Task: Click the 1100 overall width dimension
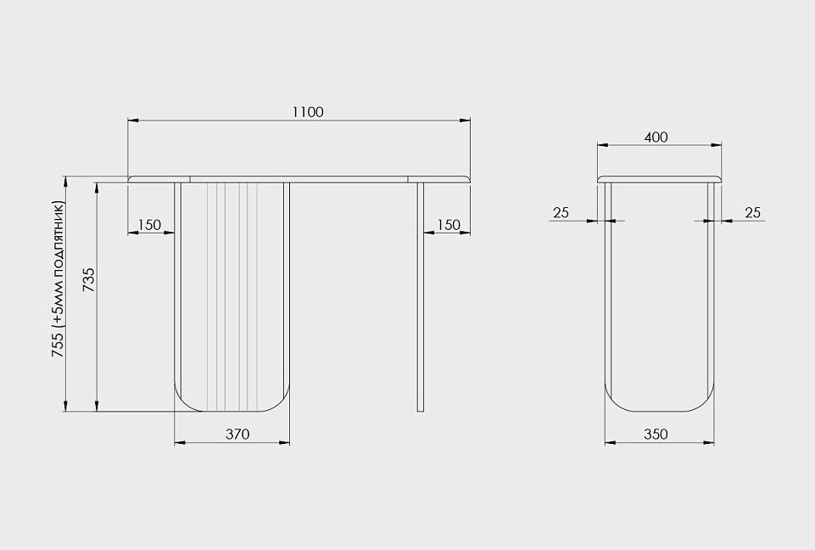point(308,112)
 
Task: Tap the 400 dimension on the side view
point(656,137)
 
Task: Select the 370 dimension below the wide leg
point(237,434)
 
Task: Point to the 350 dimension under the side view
point(656,434)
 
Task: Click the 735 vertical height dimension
point(89,279)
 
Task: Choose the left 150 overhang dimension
point(149,225)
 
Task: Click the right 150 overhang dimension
point(449,225)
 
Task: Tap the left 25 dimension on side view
point(561,212)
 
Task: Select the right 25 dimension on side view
point(752,212)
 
